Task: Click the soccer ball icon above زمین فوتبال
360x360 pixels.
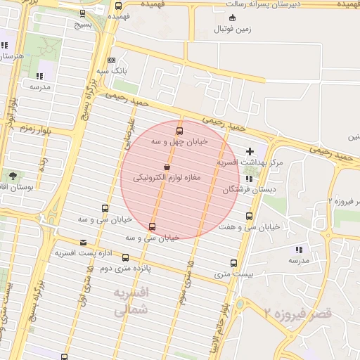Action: click(x=233, y=17)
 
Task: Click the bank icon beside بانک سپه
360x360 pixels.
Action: click(x=112, y=60)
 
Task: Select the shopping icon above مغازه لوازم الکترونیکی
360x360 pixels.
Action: click(x=166, y=167)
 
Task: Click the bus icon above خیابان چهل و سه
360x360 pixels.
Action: click(x=179, y=130)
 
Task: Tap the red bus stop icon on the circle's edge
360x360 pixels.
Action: click(x=153, y=226)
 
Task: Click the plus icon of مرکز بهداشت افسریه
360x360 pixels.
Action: click(x=250, y=151)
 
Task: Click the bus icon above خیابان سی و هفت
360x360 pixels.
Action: click(x=248, y=217)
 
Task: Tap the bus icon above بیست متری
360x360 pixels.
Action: click(x=234, y=263)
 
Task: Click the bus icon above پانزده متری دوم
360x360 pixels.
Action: click(x=124, y=257)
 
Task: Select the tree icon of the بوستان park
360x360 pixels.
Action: click(x=12, y=175)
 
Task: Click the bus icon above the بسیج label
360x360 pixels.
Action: click(x=84, y=13)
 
